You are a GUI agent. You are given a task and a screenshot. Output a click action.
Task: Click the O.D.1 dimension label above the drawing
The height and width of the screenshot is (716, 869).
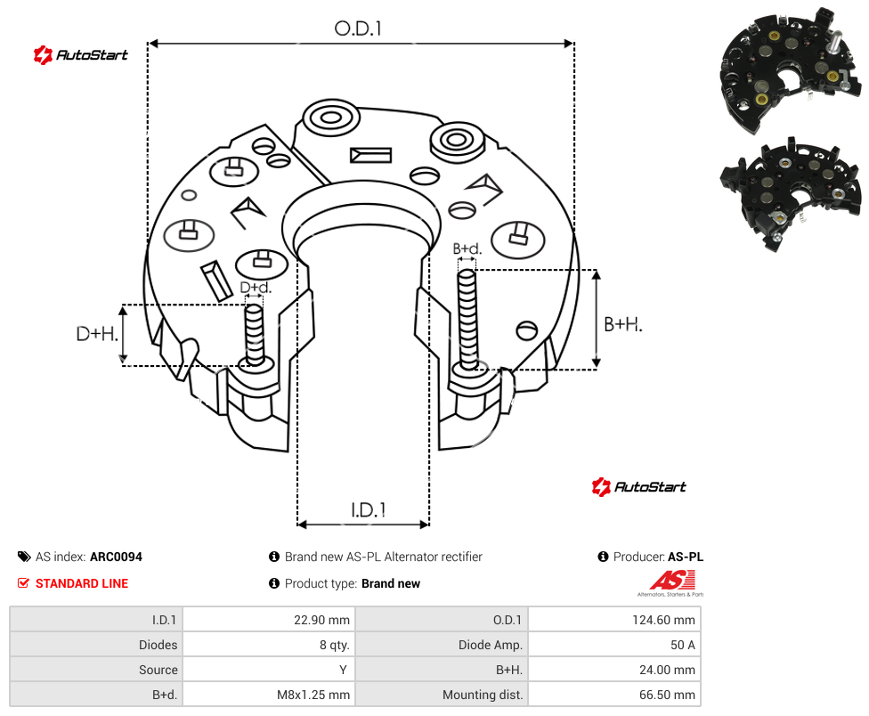point(358,28)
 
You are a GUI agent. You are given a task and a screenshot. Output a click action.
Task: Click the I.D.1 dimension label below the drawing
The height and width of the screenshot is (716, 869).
point(368,510)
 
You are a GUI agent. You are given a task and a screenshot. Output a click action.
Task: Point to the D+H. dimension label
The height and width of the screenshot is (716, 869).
point(97,334)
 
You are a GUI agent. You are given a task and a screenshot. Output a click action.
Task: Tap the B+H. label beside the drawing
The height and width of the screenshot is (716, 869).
point(623,324)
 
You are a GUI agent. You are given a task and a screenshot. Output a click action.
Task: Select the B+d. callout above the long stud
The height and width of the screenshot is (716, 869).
point(467,248)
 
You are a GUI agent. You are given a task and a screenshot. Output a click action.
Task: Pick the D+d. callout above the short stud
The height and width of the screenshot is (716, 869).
point(256,288)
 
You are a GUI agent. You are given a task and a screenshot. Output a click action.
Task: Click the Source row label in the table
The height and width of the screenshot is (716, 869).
point(158,670)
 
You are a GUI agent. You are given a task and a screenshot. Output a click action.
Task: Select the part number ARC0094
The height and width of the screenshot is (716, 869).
point(116,557)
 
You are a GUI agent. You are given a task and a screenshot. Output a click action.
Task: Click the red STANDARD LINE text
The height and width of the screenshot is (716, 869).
point(82,583)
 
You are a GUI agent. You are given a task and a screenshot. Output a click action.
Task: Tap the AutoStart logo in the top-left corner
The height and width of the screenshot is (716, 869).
point(81,55)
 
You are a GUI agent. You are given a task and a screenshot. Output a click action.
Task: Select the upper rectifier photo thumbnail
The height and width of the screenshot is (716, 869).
point(790,69)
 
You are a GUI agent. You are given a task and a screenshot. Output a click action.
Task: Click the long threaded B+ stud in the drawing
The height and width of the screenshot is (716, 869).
point(467,320)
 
